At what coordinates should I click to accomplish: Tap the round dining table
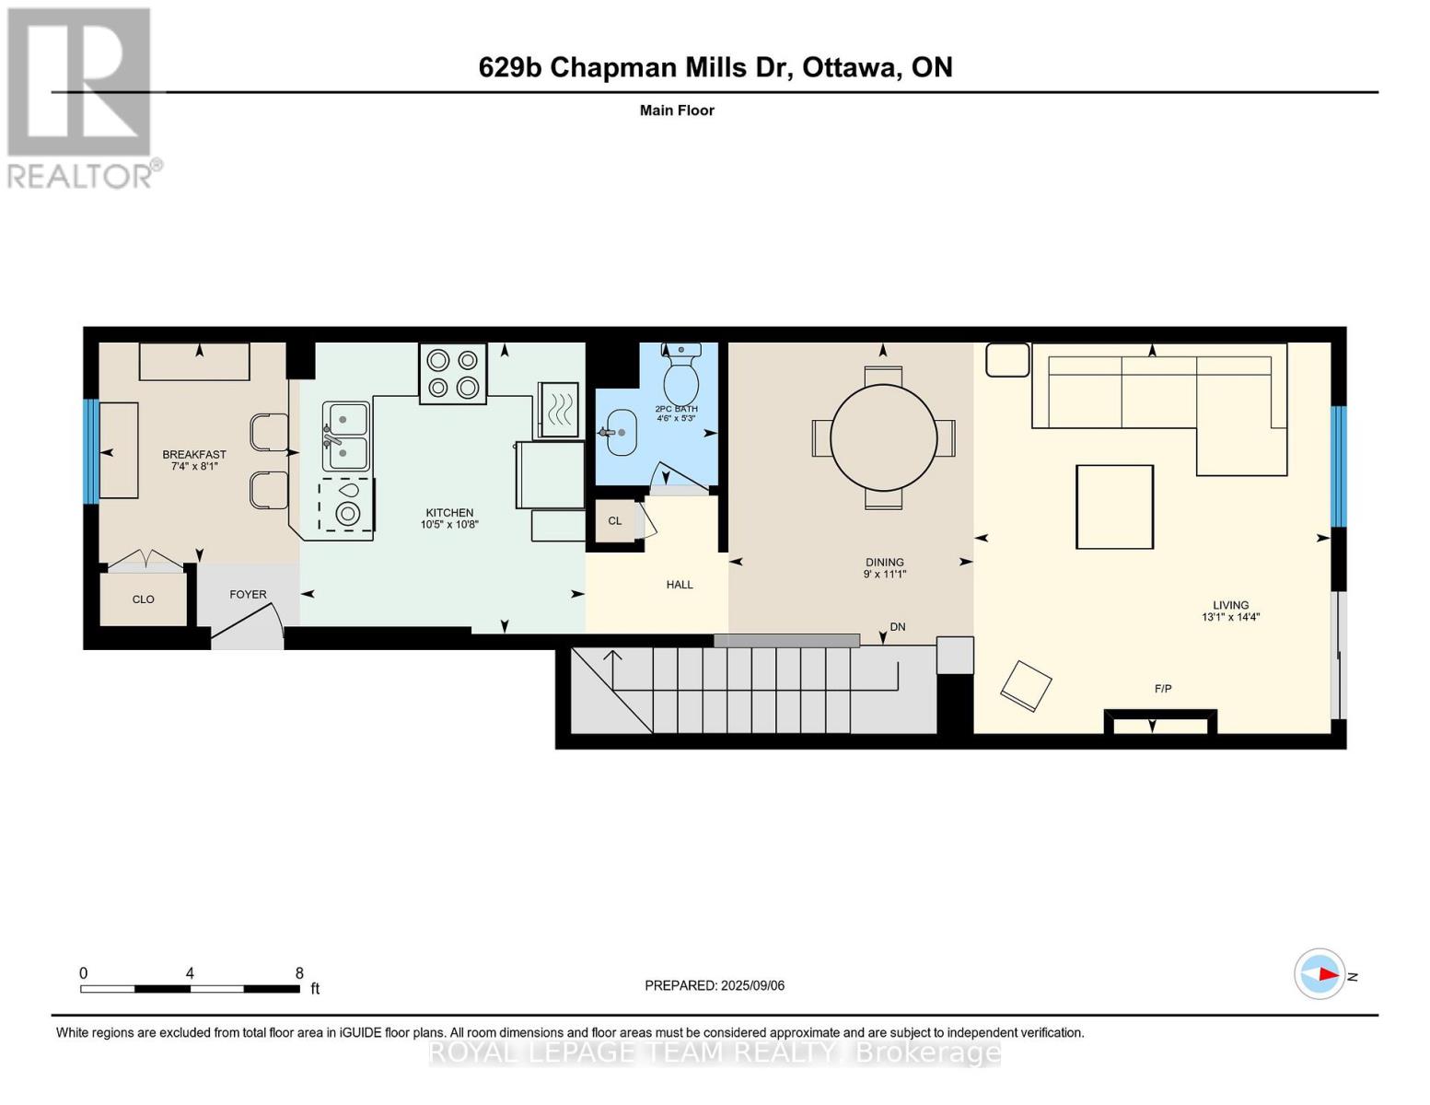point(883,437)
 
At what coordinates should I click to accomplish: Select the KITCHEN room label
point(449,513)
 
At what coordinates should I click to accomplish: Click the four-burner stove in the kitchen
point(453,373)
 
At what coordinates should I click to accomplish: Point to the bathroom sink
point(620,433)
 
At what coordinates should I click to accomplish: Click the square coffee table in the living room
point(1114,506)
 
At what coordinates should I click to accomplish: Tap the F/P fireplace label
point(1163,689)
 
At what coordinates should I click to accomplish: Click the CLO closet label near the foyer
point(144,599)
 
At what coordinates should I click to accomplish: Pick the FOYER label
point(248,594)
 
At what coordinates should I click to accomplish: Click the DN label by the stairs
point(898,626)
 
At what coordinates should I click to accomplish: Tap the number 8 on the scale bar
point(299,973)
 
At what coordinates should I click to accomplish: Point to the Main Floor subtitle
point(677,110)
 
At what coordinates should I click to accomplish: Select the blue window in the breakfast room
point(91,451)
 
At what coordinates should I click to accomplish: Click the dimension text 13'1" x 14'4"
point(1230,617)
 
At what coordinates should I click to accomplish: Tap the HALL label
point(680,585)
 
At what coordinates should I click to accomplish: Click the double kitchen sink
point(345,435)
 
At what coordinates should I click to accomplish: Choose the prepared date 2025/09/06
point(753,986)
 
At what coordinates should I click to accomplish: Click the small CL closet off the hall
point(615,520)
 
